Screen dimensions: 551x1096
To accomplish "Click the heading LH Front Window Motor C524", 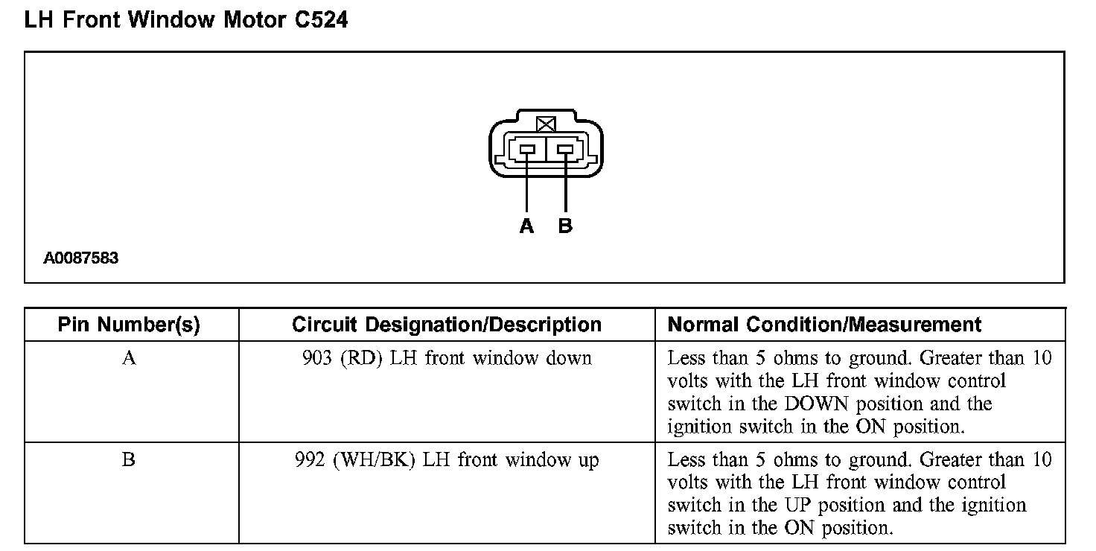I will click(x=185, y=20).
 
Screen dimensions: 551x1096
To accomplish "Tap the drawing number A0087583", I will click(x=81, y=259).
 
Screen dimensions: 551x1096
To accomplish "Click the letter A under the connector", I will click(x=526, y=226).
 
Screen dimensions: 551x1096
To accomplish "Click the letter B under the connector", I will click(x=565, y=226).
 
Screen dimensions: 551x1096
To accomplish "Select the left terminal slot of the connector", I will click(x=527, y=150).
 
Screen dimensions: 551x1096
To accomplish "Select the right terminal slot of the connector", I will click(x=565, y=150).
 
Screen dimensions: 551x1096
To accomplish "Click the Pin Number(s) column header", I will click(x=129, y=325).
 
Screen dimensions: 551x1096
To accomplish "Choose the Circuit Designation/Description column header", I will click(x=447, y=325).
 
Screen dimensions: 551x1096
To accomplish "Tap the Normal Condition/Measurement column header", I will click(x=824, y=325).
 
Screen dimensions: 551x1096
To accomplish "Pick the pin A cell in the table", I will click(x=129, y=358).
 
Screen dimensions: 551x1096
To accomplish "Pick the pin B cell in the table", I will click(x=129, y=460).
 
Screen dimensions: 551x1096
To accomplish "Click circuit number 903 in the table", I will click(x=317, y=358).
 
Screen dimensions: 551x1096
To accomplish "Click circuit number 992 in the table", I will click(x=310, y=460).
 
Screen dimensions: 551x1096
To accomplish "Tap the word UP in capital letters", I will click(x=795, y=506).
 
